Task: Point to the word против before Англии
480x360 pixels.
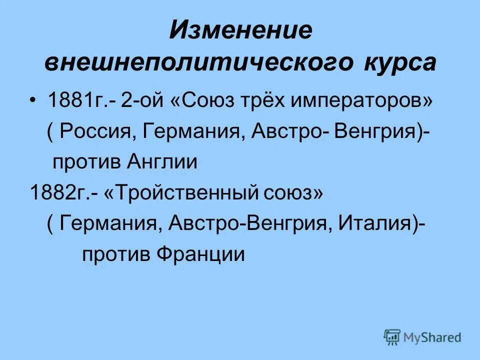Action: click(85, 162)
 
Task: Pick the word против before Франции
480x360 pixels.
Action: click(116, 254)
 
